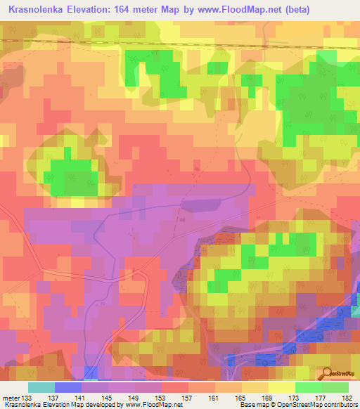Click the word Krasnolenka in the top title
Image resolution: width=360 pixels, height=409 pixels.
click(x=38, y=8)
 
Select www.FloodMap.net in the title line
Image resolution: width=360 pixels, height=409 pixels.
click(x=234, y=8)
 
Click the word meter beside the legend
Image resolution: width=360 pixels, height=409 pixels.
click(x=11, y=397)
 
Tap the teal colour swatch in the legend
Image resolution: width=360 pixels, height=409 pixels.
click(x=41, y=387)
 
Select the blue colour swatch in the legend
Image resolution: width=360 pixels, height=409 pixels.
click(x=68, y=387)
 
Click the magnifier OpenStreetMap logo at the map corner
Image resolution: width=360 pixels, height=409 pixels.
click(x=327, y=372)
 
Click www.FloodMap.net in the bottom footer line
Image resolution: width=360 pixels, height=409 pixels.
click(x=148, y=405)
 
